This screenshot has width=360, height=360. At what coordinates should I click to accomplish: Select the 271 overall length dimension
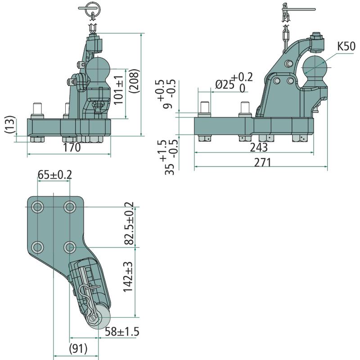(x=263, y=162)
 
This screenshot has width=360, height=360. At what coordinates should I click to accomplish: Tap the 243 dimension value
(x=258, y=148)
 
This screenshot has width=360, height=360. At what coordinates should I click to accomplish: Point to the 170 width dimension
(x=72, y=148)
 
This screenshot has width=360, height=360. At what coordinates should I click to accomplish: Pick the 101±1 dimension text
(x=119, y=87)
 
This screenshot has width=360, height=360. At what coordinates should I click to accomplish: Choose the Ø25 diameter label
(x=226, y=84)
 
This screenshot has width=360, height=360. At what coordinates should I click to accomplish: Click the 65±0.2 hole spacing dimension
(x=54, y=175)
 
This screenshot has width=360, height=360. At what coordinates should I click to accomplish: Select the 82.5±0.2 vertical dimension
(x=130, y=225)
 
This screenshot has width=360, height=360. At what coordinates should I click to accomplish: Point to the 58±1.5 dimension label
(x=121, y=332)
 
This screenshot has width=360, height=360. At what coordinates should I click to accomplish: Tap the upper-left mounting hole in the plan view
(x=38, y=207)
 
